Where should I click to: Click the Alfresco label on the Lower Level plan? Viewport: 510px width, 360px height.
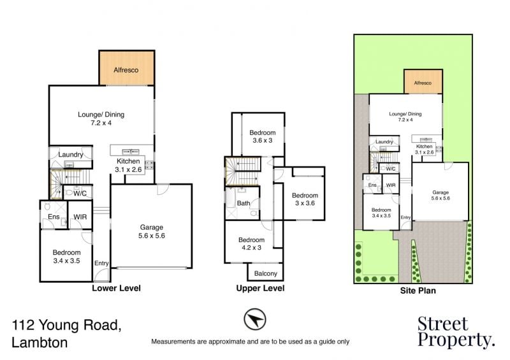pyautogui.click(x=126, y=70)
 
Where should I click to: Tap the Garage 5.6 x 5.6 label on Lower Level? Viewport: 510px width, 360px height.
pyautogui.click(x=152, y=231)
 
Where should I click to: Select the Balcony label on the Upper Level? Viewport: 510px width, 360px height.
pyautogui.click(x=265, y=273)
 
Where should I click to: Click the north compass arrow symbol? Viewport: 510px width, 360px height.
pyautogui.click(x=254, y=319)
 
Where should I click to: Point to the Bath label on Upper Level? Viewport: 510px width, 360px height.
pyautogui.click(x=244, y=203)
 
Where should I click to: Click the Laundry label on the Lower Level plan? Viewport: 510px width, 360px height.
pyautogui.click(x=71, y=154)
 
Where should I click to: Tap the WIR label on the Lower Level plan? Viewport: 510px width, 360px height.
pyautogui.click(x=80, y=217)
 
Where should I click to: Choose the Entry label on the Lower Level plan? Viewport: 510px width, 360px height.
pyautogui.click(x=101, y=263)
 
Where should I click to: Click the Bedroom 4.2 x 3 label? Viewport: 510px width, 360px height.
pyautogui.click(x=251, y=243)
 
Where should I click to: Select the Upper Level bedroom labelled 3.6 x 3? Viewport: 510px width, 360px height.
pyautogui.click(x=263, y=136)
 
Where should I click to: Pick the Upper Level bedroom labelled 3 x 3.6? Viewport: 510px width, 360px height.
pyautogui.click(x=305, y=199)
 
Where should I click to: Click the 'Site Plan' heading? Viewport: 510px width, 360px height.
pyautogui.click(x=418, y=291)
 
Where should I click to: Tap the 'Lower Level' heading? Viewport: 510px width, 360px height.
pyautogui.click(x=116, y=288)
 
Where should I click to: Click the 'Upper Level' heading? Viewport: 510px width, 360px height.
pyautogui.click(x=260, y=288)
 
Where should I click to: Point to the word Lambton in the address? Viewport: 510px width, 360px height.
pyautogui.click(x=40, y=342)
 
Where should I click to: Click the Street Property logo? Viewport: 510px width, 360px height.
pyautogui.click(x=456, y=332)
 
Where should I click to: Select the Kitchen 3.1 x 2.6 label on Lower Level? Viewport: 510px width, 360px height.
pyautogui.click(x=128, y=165)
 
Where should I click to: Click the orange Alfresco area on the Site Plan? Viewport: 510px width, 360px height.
pyautogui.click(x=423, y=82)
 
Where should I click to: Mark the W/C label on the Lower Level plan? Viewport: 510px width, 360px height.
pyautogui.click(x=80, y=194)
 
